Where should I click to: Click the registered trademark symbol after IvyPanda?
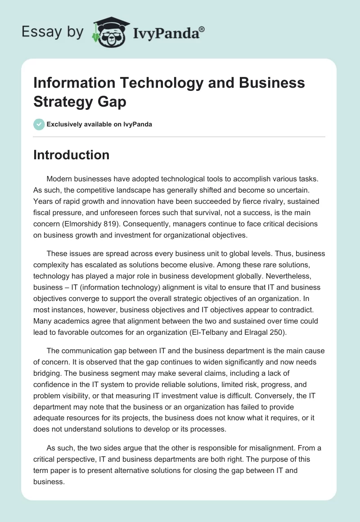click(202, 29)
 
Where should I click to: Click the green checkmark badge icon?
click(39, 124)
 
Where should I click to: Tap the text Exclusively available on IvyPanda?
click(99, 124)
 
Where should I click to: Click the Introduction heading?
click(71, 155)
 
